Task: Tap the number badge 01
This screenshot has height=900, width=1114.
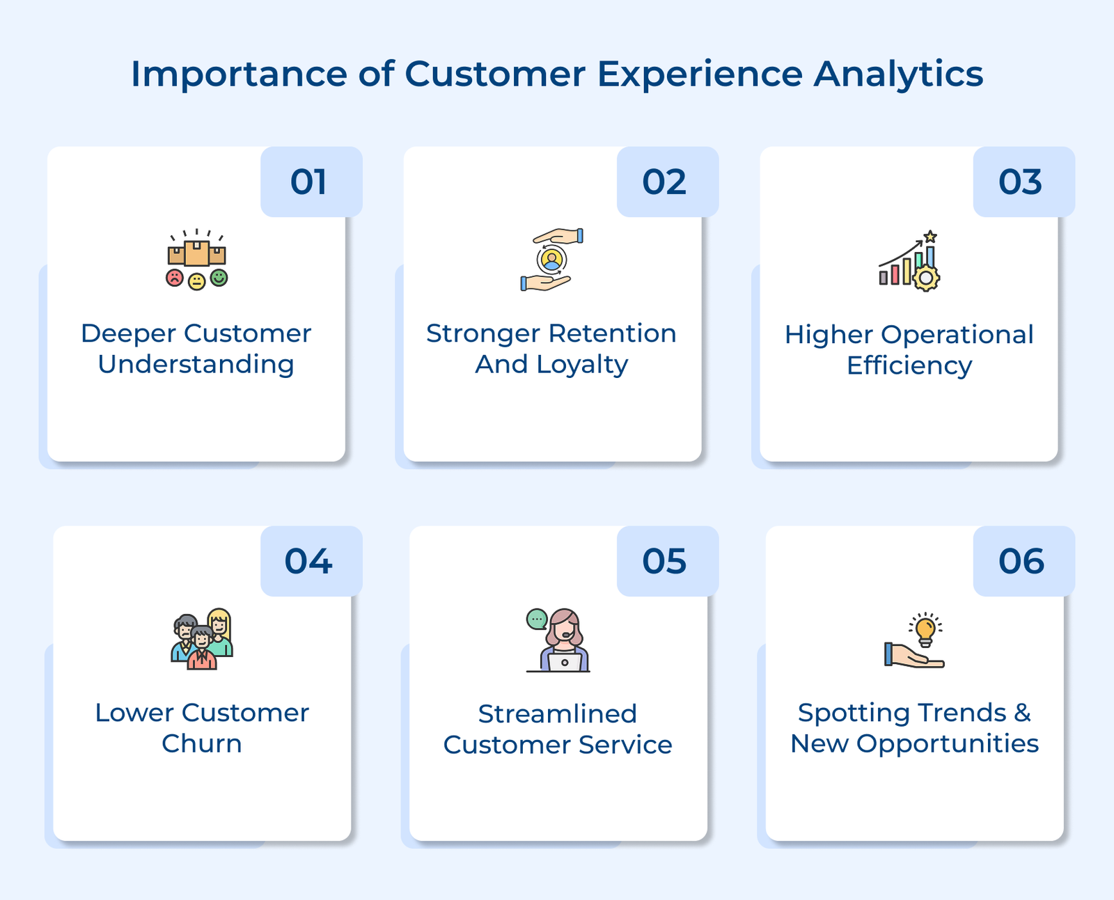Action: [x=308, y=182]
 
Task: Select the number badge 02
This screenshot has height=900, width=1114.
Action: [x=664, y=182]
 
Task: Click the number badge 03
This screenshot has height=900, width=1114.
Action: [x=1020, y=182]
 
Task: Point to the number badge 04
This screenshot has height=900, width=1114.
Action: [x=308, y=562]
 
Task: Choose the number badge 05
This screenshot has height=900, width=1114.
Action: [x=664, y=562]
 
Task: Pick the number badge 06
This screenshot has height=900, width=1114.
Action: [x=1021, y=562]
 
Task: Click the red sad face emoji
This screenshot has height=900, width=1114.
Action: [x=174, y=278]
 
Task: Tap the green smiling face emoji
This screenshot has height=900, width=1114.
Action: [x=219, y=278]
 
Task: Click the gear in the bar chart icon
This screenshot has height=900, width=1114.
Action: [x=926, y=278]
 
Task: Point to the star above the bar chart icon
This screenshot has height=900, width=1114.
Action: [x=930, y=237]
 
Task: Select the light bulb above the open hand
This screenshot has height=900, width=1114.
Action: [x=925, y=630]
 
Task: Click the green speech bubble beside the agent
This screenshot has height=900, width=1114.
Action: [x=537, y=619]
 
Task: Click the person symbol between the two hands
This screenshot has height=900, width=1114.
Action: [x=551, y=260]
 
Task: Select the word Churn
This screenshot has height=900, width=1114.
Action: [x=202, y=743]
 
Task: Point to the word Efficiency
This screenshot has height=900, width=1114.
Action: [x=909, y=366]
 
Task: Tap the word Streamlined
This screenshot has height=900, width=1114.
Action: [x=558, y=714]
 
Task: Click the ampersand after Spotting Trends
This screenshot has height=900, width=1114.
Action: [x=1022, y=713]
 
